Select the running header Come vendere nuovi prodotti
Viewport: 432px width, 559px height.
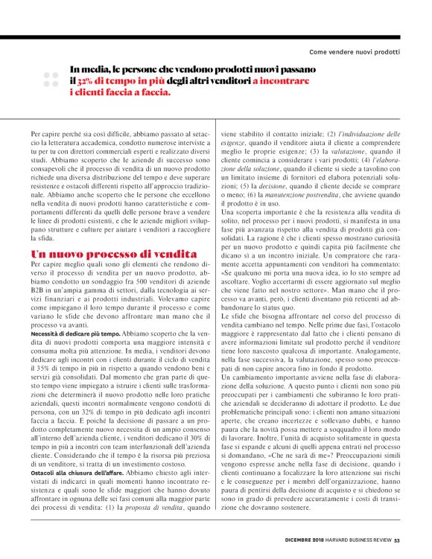coord(354,51)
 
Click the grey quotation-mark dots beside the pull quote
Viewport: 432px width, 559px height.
coord(49,80)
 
